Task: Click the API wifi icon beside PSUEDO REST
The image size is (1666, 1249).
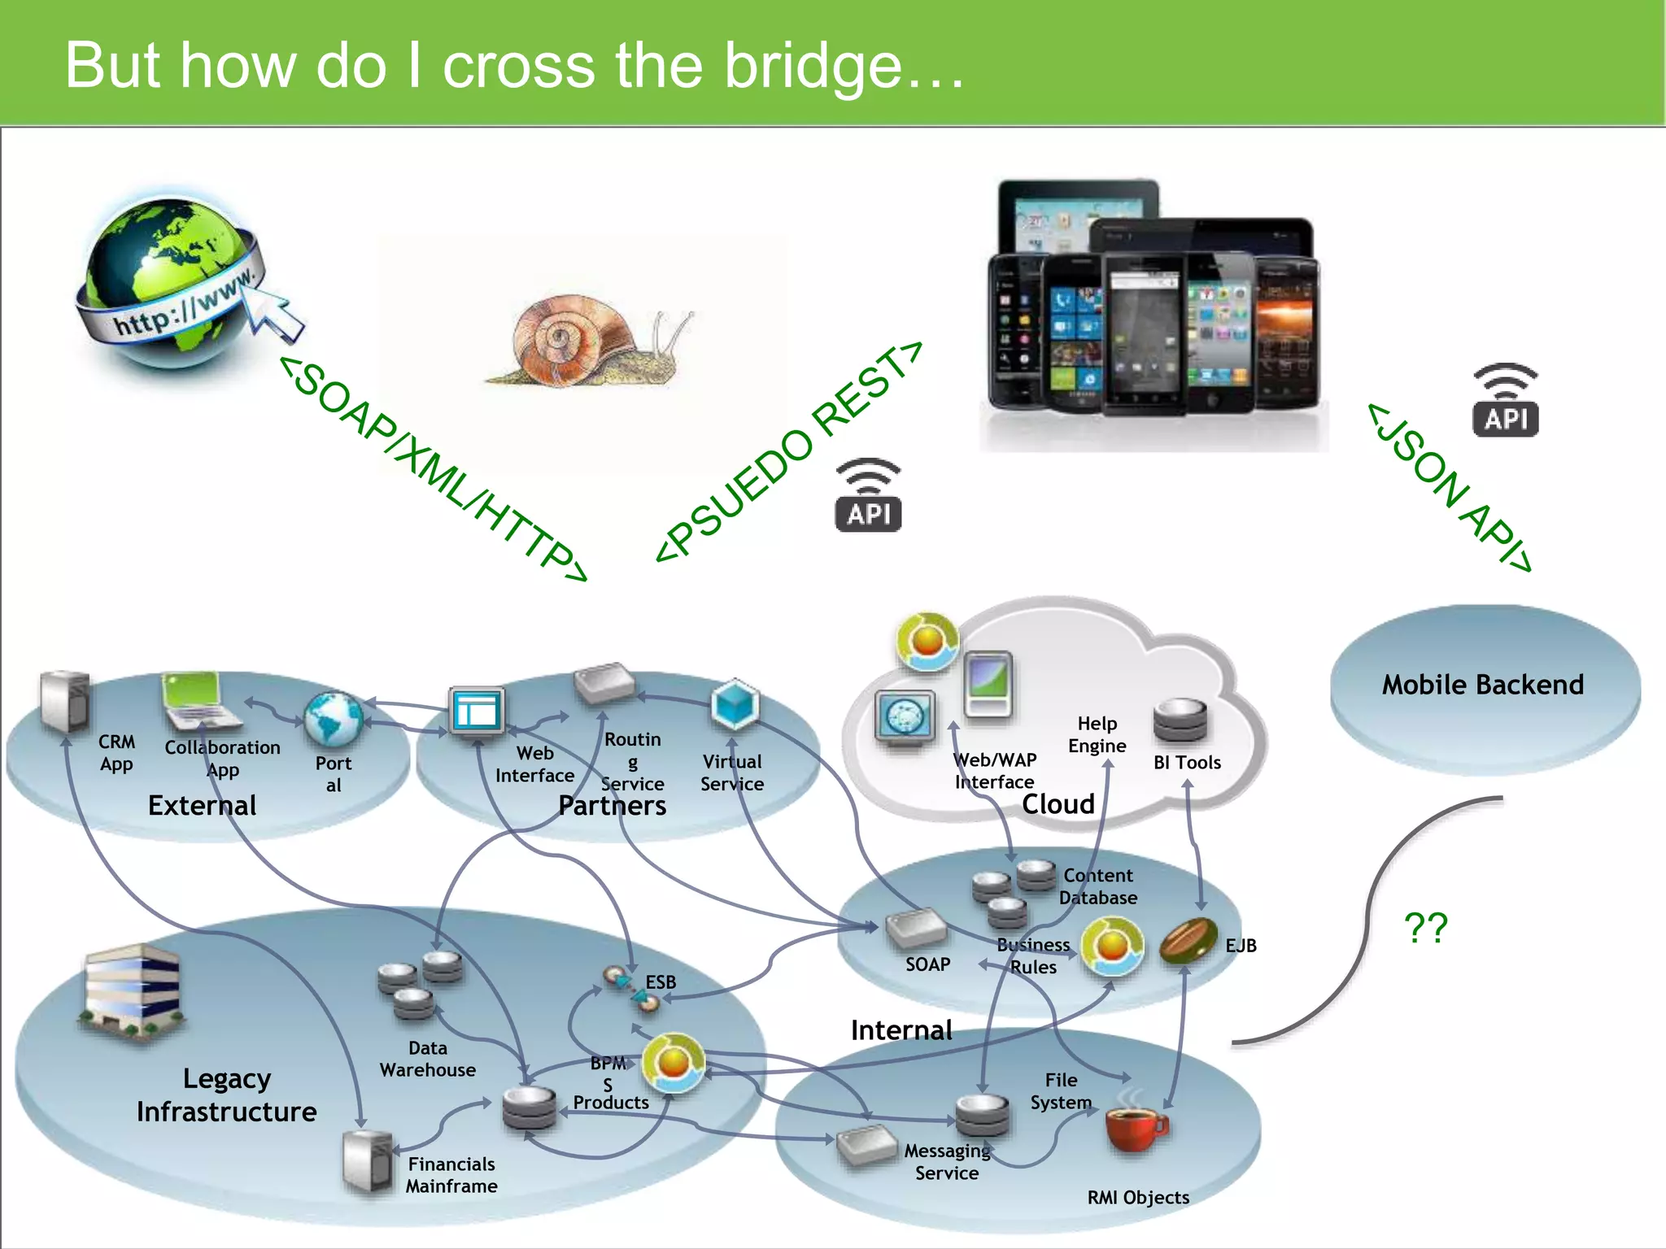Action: coord(868,496)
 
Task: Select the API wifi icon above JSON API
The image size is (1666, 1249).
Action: coord(1505,401)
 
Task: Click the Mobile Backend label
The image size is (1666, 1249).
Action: coord(1482,685)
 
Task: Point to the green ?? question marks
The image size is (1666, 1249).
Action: coord(1426,928)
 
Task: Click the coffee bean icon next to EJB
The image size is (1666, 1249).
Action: coord(1187,941)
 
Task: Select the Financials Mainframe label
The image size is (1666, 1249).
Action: coord(451,1175)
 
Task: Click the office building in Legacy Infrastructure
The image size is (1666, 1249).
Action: coord(133,992)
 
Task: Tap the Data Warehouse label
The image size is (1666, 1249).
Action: coord(428,1059)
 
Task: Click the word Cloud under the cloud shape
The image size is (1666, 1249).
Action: coord(1058,804)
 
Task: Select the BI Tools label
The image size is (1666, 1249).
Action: coord(1187,763)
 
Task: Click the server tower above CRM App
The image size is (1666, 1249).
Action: coord(65,701)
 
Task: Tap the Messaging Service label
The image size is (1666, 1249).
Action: coord(947,1162)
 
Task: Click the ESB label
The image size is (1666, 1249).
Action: coord(661,982)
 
